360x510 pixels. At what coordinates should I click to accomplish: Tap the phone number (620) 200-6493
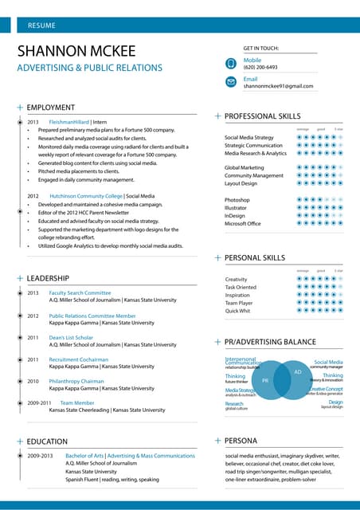[260, 68]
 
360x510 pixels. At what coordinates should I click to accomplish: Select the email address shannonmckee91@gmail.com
[278, 86]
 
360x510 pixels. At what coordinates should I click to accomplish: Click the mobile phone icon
[230, 63]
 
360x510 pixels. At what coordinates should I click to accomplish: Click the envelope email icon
[230, 82]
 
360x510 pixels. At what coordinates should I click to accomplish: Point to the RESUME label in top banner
[41, 25]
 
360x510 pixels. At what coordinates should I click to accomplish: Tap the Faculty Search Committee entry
[80, 292]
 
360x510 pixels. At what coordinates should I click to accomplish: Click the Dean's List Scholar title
[71, 337]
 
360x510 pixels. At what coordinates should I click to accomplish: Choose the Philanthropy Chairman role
[76, 381]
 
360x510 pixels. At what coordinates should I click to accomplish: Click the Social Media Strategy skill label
[248, 138]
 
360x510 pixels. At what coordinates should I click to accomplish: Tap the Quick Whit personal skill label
[237, 311]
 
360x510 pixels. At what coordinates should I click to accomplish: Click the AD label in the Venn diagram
[297, 372]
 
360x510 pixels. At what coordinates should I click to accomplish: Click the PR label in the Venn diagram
[265, 381]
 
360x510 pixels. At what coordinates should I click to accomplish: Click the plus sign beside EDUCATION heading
[19, 441]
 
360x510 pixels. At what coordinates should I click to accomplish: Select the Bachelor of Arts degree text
[84, 456]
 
